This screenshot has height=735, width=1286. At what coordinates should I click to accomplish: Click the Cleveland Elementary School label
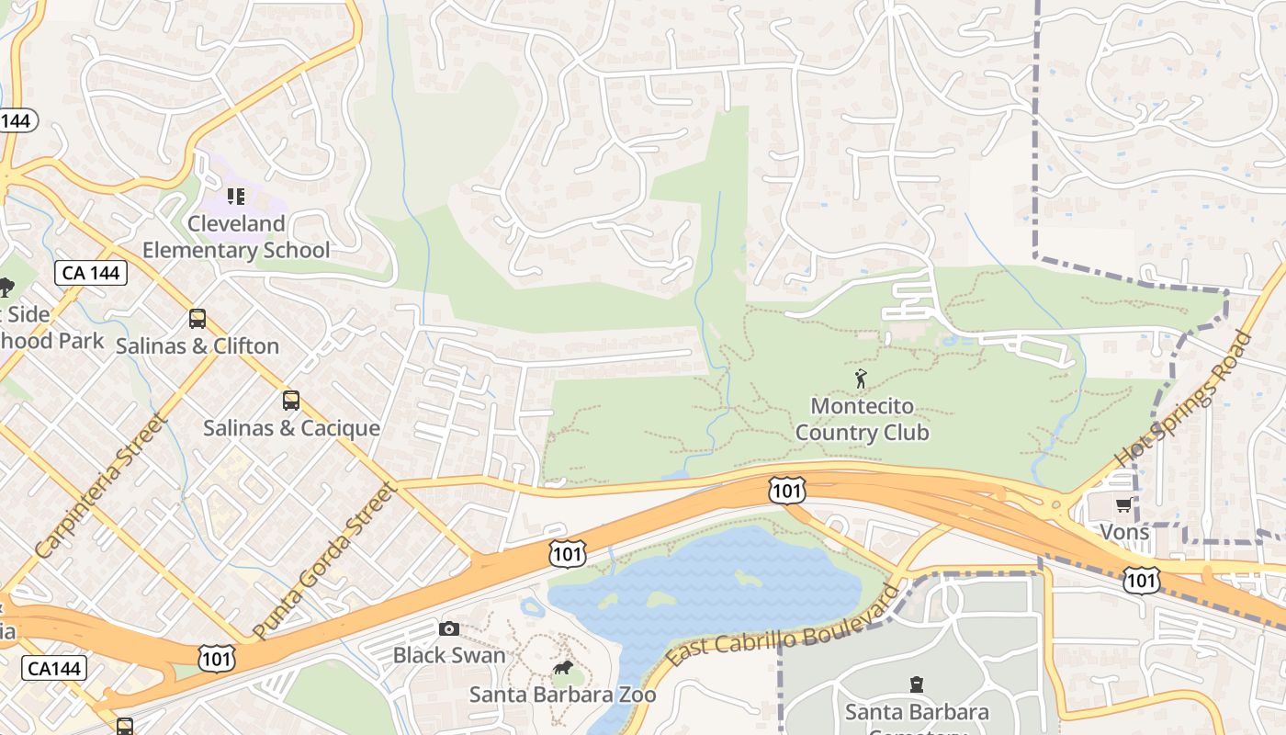click(x=236, y=237)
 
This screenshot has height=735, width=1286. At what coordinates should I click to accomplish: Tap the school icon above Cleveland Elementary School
click(x=236, y=197)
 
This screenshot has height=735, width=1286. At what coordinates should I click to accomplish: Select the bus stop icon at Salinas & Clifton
click(x=197, y=319)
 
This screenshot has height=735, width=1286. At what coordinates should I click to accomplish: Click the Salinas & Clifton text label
click(x=197, y=346)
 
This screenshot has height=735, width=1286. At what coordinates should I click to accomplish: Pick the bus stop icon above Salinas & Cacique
click(x=291, y=401)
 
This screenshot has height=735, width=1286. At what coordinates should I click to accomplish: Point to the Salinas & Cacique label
click(x=291, y=428)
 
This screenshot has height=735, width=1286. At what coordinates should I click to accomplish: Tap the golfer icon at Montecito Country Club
click(x=861, y=378)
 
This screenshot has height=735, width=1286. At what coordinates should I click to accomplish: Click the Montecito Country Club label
click(x=862, y=419)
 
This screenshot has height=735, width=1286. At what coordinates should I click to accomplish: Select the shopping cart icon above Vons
click(x=1123, y=504)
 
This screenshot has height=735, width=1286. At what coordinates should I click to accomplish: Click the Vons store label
click(x=1123, y=532)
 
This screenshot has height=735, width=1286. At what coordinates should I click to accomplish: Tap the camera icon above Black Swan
click(x=449, y=628)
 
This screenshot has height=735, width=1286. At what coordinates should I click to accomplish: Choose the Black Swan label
click(x=449, y=655)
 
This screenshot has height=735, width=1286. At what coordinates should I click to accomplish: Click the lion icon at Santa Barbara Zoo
click(x=562, y=668)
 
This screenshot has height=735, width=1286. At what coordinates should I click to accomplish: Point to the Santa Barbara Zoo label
click(x=562, y=695)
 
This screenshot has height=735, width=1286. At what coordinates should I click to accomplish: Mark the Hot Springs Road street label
click(x=1183, y=400)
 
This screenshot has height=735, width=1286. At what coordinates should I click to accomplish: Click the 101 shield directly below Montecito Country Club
click(x=787, y=491)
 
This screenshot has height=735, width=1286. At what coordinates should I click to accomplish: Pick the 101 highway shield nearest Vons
click(x=1140, y=580)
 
